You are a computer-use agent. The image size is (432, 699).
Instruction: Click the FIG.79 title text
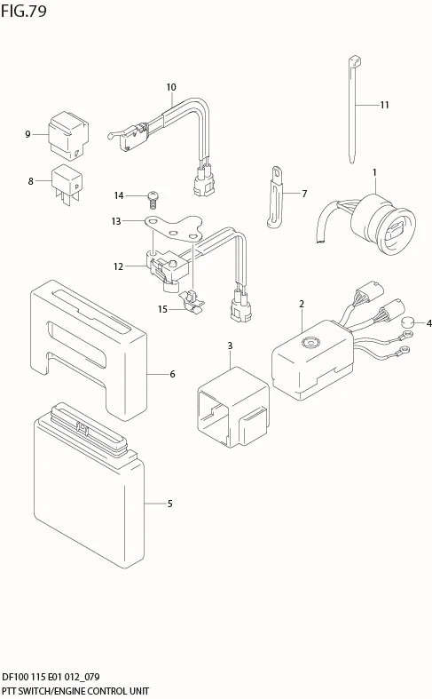(x=24, y=11)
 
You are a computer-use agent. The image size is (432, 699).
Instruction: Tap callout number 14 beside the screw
(x=119, y=195)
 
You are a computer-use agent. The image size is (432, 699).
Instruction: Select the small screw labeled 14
(x=153, y=199)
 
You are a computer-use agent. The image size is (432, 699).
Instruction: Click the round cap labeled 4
(x=407, y=322)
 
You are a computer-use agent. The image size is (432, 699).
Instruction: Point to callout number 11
(x=384, y=105)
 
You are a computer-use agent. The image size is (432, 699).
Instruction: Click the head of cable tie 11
(x=355, y=61)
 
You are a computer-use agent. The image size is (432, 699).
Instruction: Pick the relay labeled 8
(x=67, y=184)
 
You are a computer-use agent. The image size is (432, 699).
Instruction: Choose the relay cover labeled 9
(x=68, y=135)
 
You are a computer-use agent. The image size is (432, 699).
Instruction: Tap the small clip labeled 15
(x=191, y=301)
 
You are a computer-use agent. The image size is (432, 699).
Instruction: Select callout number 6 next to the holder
(x=172, y=374)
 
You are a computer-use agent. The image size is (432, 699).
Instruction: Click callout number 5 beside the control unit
(x=169, y=504)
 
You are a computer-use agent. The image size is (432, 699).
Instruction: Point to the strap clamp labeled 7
(x=275, y=197)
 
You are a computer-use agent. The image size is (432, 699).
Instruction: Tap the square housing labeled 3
(x=233, y=407)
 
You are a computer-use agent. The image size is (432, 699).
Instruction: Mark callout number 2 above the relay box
(x=302, y=304)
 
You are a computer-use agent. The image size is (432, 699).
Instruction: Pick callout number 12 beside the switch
(x=118, y=266)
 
